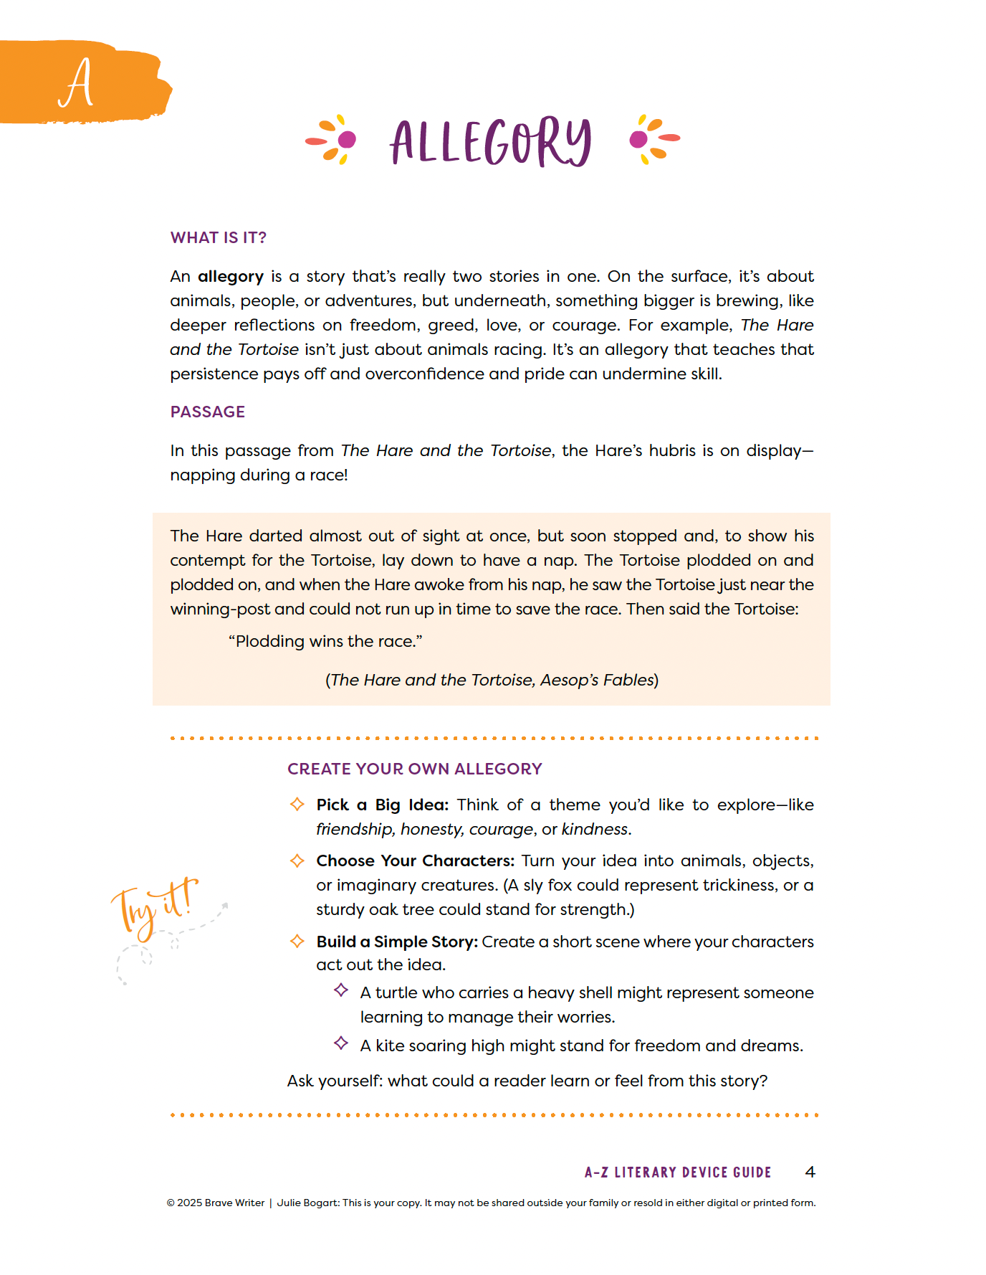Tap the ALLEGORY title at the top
tap(491, 142)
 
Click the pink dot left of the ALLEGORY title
tap(347, 139)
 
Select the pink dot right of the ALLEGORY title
tap(638, 139)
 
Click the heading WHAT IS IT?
tap(218, 238)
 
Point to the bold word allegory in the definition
tap(231, 277)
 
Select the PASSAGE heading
tap(207, 412)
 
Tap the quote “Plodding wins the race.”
tap(325, 642)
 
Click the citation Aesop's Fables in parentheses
tap(598, 681)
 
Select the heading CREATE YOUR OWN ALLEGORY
tap(414, 769)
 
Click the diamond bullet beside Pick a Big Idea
tap(297, 805)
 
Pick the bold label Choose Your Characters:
tap(416, 861)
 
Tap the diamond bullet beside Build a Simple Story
tap(297, 941)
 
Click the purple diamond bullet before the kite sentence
tap(341, 1043)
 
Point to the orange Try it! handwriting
tap(154, 905)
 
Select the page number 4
tap(810, 1172)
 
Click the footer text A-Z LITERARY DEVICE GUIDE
tap(677, 1172)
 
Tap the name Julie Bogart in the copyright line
tap(307, 1203)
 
